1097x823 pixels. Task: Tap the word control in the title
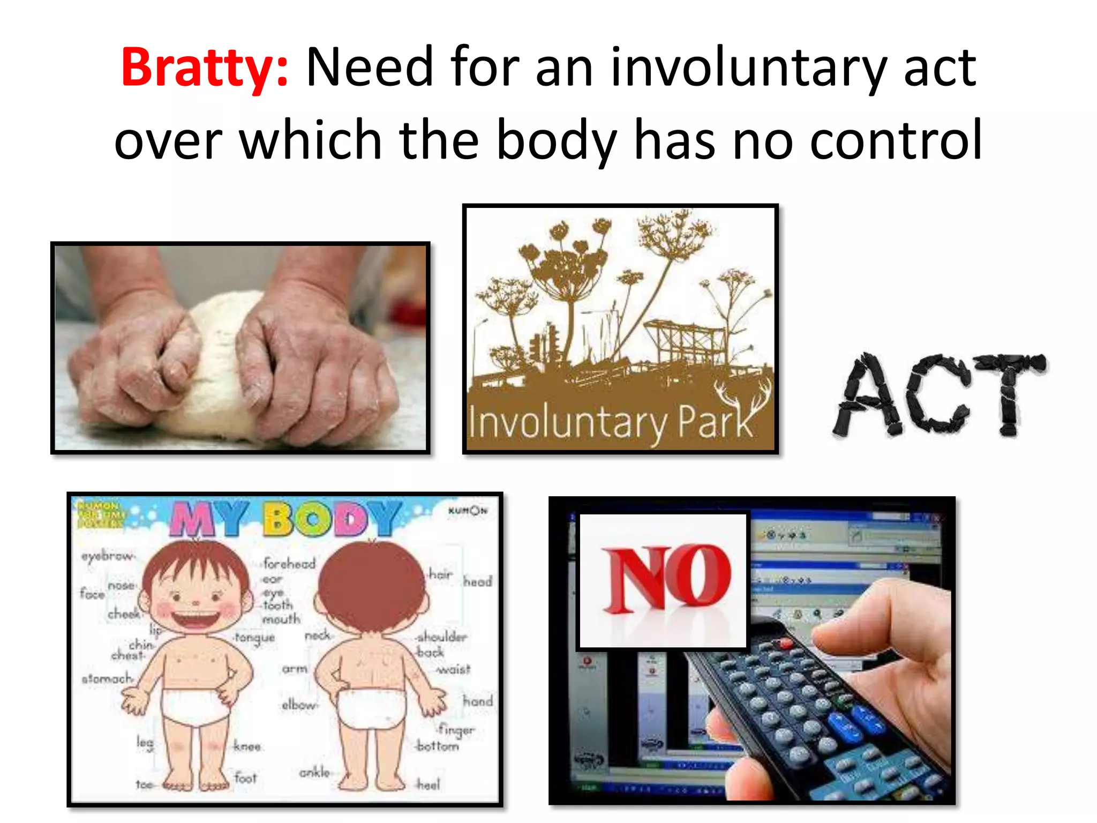tap(896, 140)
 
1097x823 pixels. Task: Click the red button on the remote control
tap(786, 643)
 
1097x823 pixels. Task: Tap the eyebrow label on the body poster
tap(107, 556)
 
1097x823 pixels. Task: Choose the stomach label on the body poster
tap(106, 679)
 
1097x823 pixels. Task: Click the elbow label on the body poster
tap(299, 705)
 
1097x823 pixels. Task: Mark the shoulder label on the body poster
tap(442, 637)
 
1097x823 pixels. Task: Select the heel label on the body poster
tap(429, 785)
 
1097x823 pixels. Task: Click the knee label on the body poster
tap(247, 746)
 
